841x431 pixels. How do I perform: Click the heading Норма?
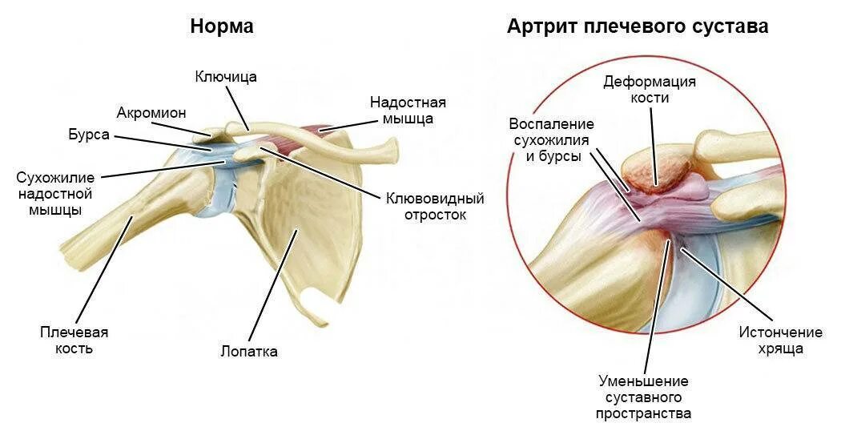pyautogui.click(x=222, y=26)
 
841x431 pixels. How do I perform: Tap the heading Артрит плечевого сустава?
pyautogui.click(x=637, y=26)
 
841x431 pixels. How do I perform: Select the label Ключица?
pyautogui.click(x=226, y=77)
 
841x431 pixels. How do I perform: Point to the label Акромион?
pyautogui.click(x=151, y=112)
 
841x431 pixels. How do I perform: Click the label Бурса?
pyautogui.click(x=89, y=135)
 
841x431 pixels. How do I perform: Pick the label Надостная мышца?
pyautogui.click(x=408, y=111)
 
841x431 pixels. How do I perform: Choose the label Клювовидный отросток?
pyautogui.click(x=435, y=207)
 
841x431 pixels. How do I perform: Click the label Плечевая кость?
pyautogui.click(x=74, y=340)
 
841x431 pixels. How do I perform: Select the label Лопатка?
pyautogui.click(x=249, y=352)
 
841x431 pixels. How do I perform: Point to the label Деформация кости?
pyautogui.click(x=650, y=90)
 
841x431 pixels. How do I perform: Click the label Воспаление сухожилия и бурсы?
pyautogui.click(x=552, y=140)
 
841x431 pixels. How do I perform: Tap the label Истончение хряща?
pyautogui.click(x=770, y=340)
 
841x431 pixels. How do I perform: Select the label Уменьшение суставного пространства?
pyautogui.click(x=643, y=397)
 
